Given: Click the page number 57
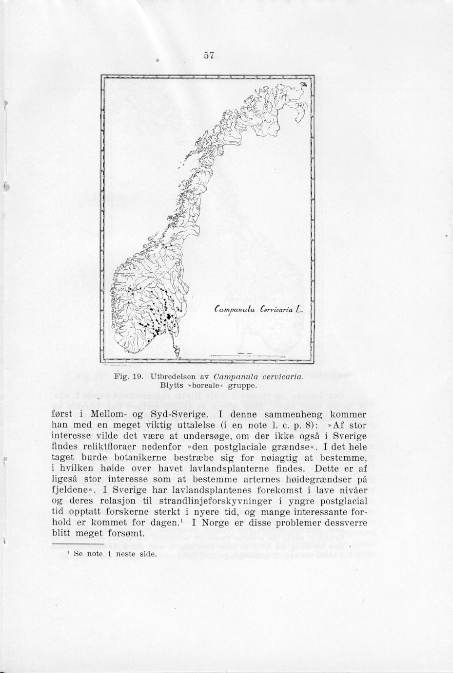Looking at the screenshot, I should (210, 55).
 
